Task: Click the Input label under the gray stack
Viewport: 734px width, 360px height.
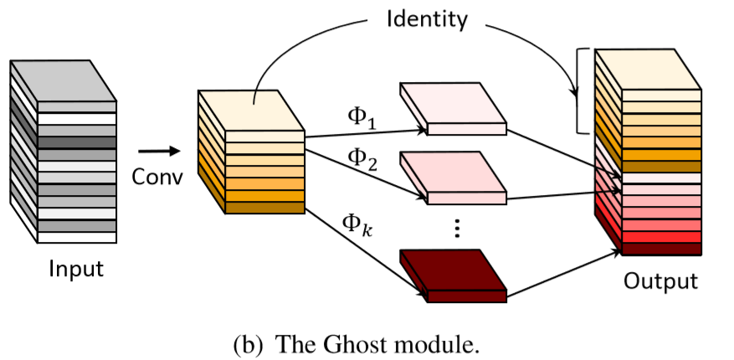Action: pyautogui.click(x=76, y=269)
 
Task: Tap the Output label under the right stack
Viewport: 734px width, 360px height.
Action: pyautogui.click(x=660, y=280)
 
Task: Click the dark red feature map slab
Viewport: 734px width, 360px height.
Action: pyautogui.click(x=453, y=270)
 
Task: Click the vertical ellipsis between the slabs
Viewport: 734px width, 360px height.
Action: pyautogui.click(x=456, y=229)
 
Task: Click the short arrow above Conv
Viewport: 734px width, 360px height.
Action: pyautogui.click(x=158, y=152)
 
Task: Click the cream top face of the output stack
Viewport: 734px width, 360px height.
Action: pyautogui.click(x=648, y=68)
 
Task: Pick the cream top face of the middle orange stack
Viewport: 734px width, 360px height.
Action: pyautogui.click(x=251, y=110)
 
